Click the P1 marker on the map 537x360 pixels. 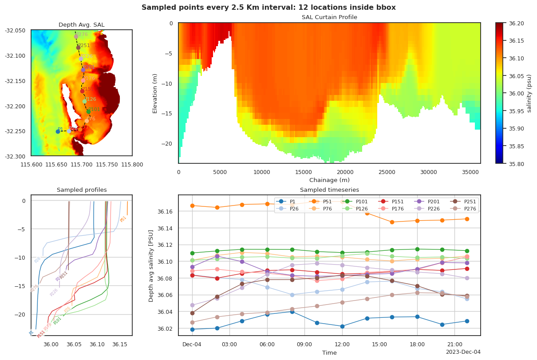(x=58, y=131)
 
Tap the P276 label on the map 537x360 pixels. (x=82, y=34)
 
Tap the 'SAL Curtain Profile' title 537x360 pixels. (x=329, y=17)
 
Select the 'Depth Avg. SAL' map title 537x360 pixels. (x=81, y=24)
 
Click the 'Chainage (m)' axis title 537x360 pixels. (x=329, y=180)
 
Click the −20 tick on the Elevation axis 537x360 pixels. (x=170, y=143)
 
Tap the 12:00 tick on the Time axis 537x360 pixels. (x=342, y=344)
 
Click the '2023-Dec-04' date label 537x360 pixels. (x=463, y=352)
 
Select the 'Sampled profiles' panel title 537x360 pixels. (x=82, y=190)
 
